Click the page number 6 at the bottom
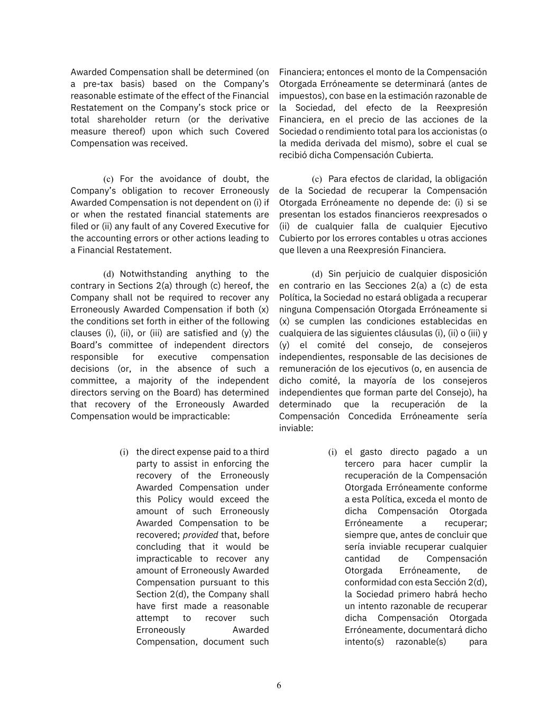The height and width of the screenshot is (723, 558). tap(279, 685)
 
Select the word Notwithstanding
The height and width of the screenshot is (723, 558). tap(153, 274)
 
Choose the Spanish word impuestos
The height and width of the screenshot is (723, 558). tap(300, 96)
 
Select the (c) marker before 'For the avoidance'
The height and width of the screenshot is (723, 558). tap(108, 180)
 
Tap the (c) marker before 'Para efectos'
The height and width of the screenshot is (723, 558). tap(317, 180)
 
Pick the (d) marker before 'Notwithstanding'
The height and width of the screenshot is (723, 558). tap(108, 274)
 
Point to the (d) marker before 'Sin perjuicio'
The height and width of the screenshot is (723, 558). tap(317, 274)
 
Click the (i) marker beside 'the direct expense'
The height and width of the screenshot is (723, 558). tap(124, 452)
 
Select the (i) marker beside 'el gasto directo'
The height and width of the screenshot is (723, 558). tap(332, 452)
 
